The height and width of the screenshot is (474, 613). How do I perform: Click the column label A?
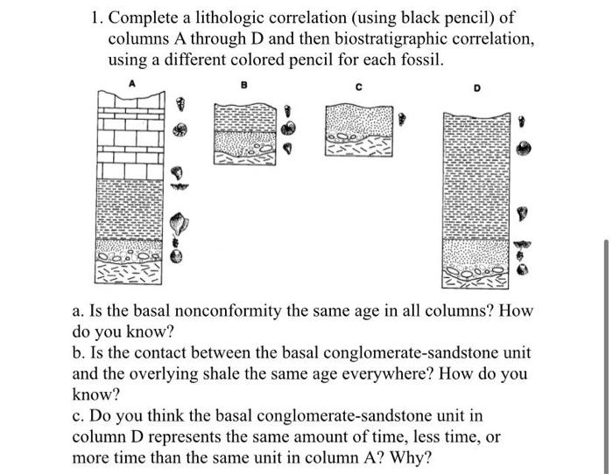(133, 85)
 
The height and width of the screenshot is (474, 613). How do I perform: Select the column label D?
(477, 89)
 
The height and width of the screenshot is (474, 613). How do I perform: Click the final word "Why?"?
(411, 458)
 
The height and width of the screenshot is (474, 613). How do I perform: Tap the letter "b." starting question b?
(79, 353)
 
